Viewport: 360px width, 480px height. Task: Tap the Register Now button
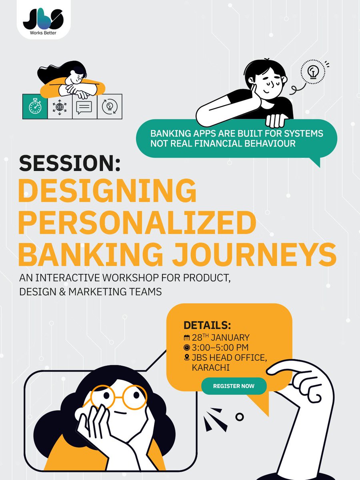(x=234, y=386)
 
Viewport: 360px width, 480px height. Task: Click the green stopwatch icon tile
(x=35, y=106)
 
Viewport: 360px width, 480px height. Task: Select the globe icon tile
(x=60, y=107)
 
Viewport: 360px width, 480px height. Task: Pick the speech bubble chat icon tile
(x=84, y=107)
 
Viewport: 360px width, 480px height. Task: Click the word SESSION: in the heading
(x=69, y=164)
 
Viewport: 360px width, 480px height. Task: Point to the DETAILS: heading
(x=207, y=324)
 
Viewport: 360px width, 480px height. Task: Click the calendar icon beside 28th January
(x=186, y=338)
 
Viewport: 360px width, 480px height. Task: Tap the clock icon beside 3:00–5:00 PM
(x=186, y=348)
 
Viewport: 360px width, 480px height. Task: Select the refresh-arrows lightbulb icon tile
(x=109, y=107)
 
